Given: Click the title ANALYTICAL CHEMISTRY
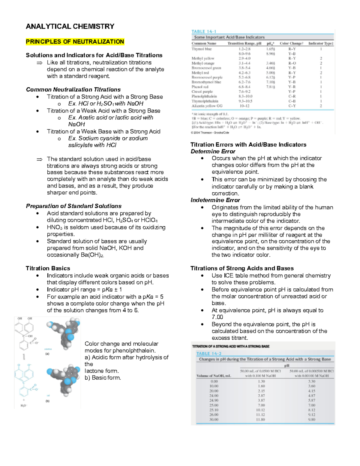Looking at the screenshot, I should [70, 26].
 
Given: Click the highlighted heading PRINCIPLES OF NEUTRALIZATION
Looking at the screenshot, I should [75, 42].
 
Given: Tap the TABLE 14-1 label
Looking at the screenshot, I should [204, 32].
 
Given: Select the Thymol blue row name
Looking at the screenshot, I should [202, 49].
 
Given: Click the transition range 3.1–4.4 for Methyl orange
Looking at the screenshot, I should [244, 63].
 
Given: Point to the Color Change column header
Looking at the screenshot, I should [291, 44].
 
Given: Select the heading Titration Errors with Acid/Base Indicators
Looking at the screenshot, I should [248, 145].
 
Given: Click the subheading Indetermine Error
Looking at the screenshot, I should [215, 200].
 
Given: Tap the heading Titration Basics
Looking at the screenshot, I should [48, 268].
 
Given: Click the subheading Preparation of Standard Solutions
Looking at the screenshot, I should [73, 206].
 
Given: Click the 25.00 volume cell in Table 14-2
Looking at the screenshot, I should [214, 405].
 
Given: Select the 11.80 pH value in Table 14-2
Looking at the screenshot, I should [260, 419].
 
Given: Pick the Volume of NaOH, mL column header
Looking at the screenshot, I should [214, 376].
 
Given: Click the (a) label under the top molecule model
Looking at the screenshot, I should [47, 354].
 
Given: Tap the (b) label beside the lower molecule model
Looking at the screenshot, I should [47, 401].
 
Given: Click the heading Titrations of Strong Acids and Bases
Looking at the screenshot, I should [242, 268].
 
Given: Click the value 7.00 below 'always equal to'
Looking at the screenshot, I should [217, 317].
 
